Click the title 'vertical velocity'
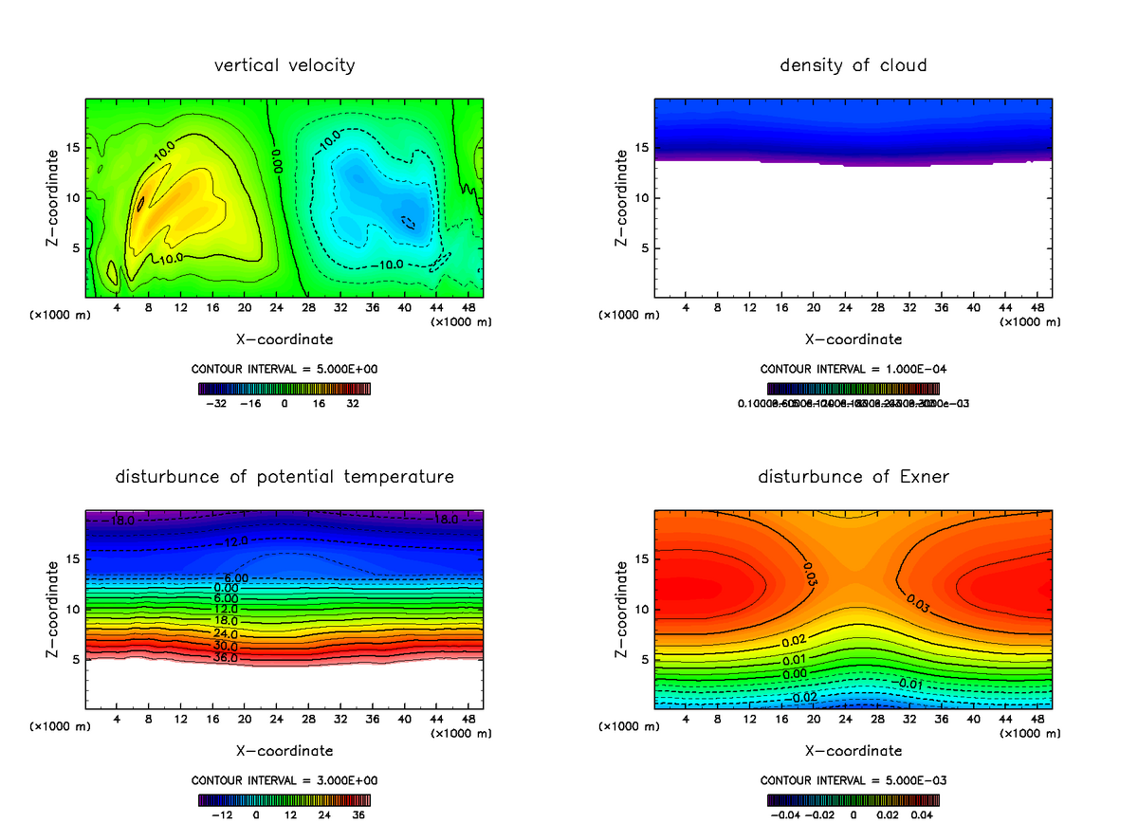pos(284,65)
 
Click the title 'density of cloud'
pos(853,65)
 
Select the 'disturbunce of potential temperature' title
pos(284,476)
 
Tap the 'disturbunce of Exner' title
pos(853,476)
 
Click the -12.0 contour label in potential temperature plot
pos(211,541)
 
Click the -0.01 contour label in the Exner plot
pos(909,684)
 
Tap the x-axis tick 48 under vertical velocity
pos(468,307)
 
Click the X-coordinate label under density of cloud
pos(853,338)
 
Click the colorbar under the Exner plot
pos(853,800)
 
